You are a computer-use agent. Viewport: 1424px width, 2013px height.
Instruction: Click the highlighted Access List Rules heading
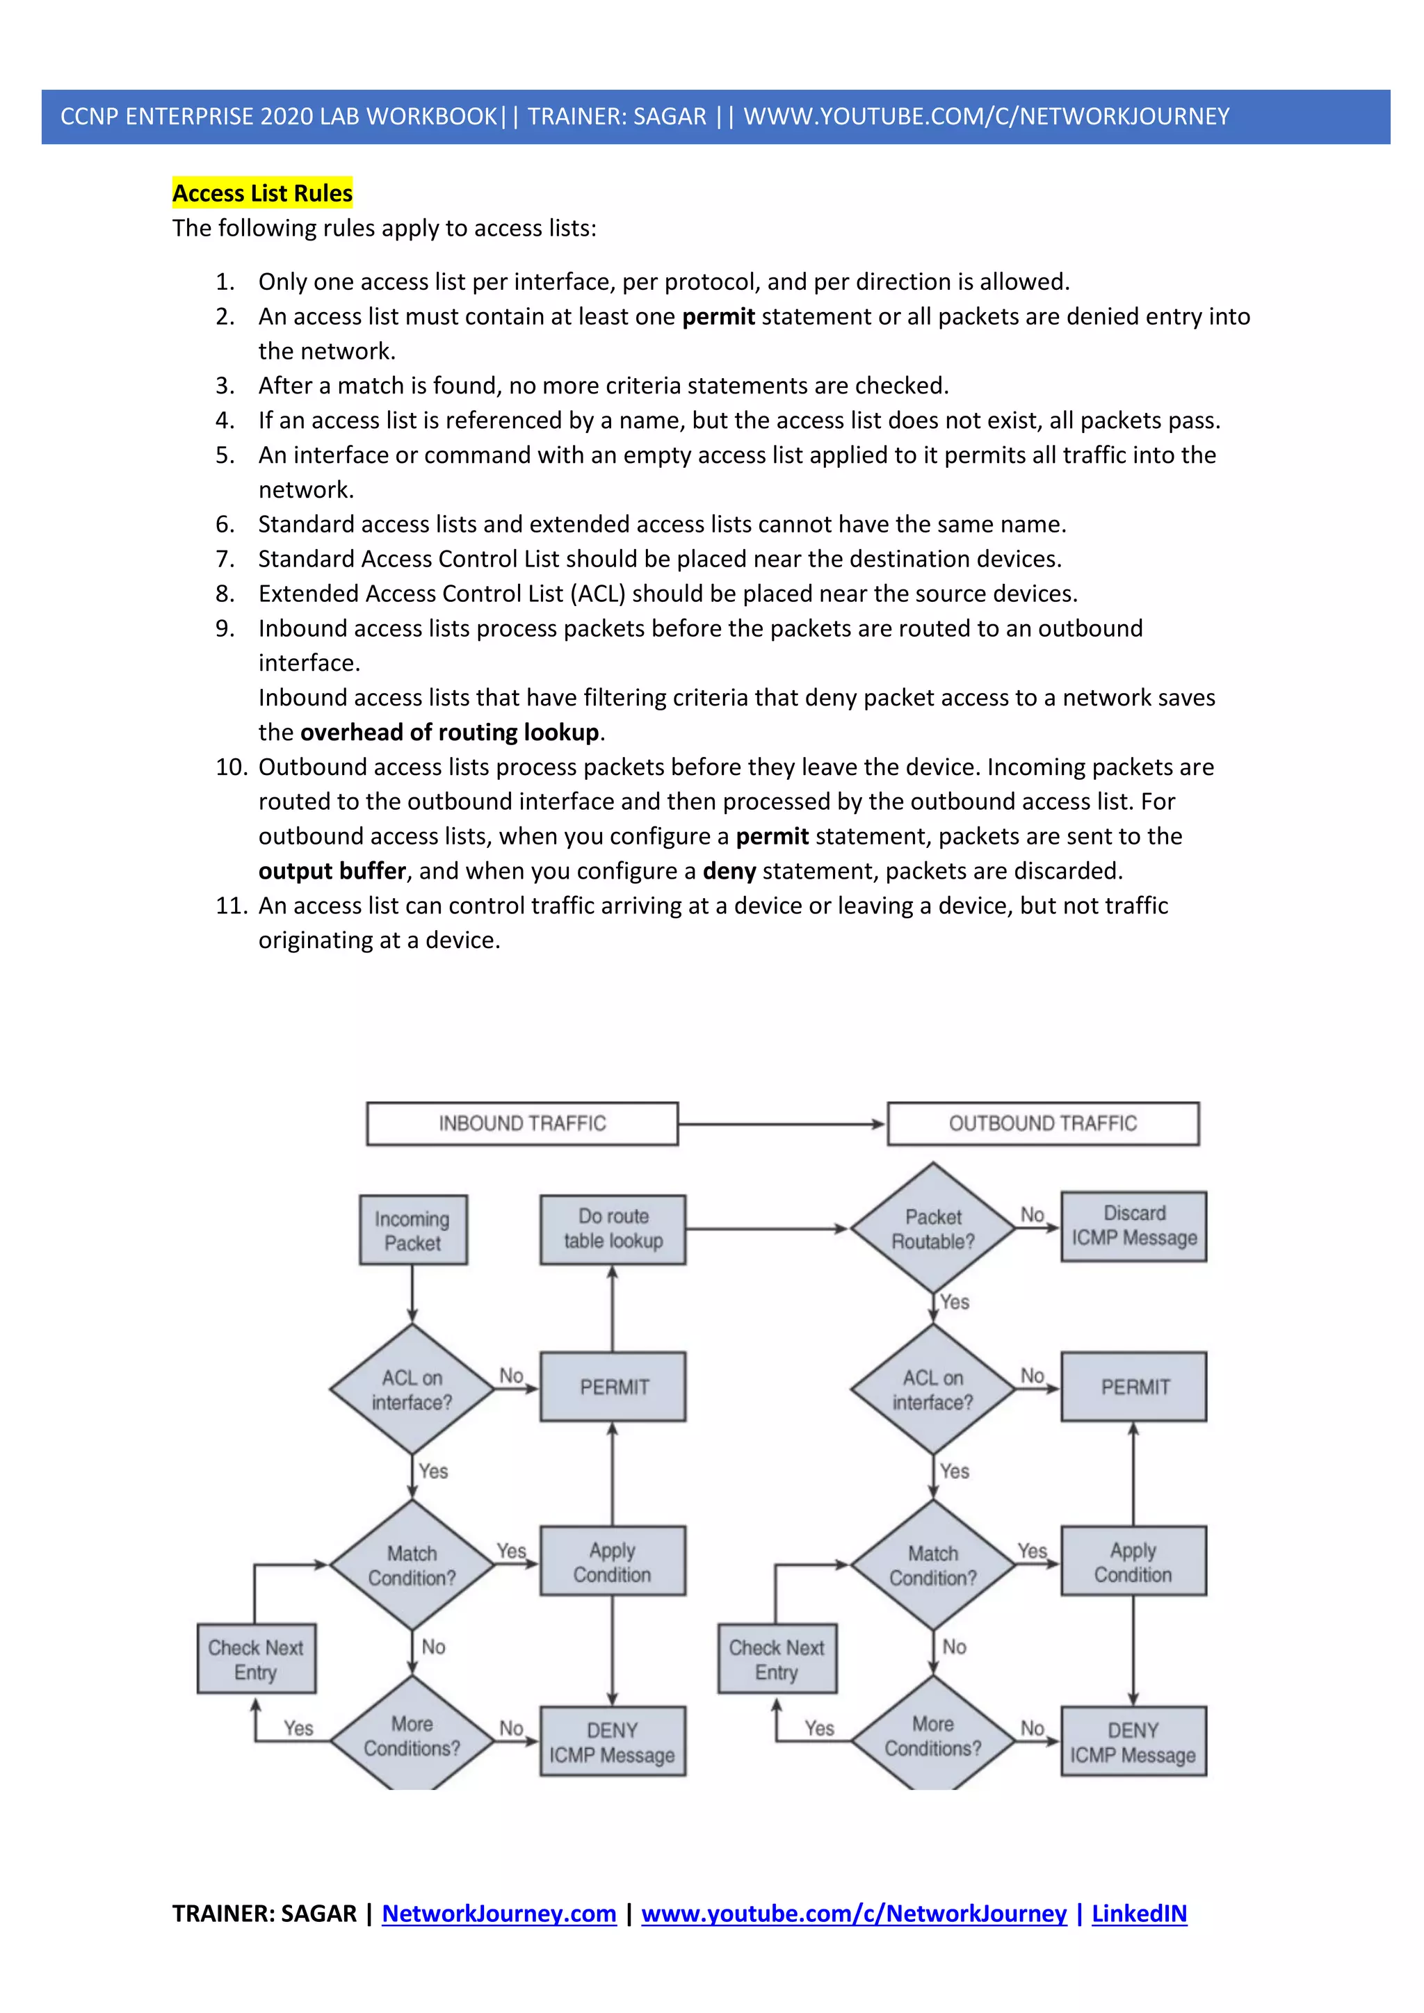click(262, 193)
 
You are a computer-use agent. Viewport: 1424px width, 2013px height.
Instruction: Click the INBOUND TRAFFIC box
click(521, 1123)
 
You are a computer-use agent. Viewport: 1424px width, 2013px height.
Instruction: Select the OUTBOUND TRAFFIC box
click(1042, 1123)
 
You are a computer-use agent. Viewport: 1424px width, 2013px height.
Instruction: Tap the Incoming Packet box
click(412, 1230)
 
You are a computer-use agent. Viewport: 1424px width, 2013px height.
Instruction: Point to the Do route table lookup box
click(612, 1228)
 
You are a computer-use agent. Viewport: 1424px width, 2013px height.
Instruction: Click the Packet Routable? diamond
click(933, 1228)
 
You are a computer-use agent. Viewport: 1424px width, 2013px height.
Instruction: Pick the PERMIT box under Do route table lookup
click(613, 1386)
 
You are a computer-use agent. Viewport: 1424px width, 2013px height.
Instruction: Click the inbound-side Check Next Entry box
click(256, 1659)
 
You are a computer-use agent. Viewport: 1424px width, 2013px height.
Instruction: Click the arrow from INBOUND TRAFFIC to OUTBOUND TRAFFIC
click(780, 1123)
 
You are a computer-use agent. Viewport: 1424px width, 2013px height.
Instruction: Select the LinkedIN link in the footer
click(1138, 1913)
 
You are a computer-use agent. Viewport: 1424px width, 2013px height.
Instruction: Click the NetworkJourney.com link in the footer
click(499, 1913)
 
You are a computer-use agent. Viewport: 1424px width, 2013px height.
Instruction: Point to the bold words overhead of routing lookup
click(450, 732)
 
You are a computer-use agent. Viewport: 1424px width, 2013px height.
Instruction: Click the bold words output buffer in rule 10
click(332, 870)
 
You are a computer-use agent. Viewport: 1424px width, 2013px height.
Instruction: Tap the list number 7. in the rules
click(225, 560)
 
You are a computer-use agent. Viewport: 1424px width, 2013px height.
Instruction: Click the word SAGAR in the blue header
click(669, 117)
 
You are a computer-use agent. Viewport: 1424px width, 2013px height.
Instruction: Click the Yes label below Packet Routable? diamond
click(954, 1302)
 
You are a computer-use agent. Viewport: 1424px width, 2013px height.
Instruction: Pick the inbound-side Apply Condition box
click(612, 1561)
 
